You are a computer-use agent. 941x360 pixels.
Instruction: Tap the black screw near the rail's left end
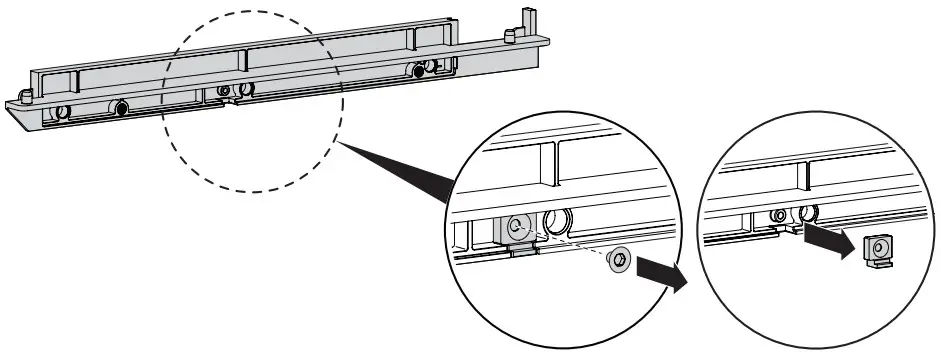121,108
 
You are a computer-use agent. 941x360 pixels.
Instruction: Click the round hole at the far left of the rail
61,112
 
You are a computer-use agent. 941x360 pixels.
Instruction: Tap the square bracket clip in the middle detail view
516,229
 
